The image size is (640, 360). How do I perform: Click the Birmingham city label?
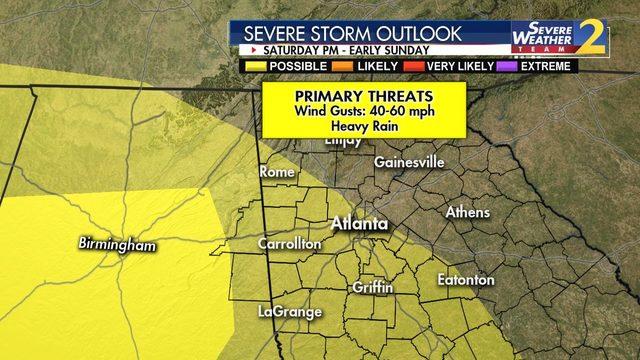(118, 244)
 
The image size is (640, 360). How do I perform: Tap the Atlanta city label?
(359, 224)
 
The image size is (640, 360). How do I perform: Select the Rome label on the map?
(277, 172)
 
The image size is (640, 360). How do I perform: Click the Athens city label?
(468, 212)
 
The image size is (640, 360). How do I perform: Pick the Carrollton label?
(290, 243)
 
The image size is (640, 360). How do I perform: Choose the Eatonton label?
(466, 280)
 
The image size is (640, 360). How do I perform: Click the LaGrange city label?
(290, 312)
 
